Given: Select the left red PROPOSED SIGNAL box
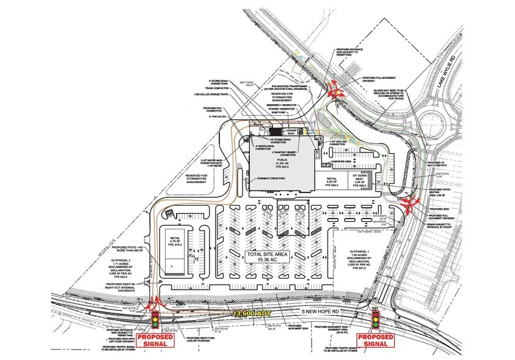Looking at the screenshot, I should point(155,340).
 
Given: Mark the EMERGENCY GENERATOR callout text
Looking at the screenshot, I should point(281,105).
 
